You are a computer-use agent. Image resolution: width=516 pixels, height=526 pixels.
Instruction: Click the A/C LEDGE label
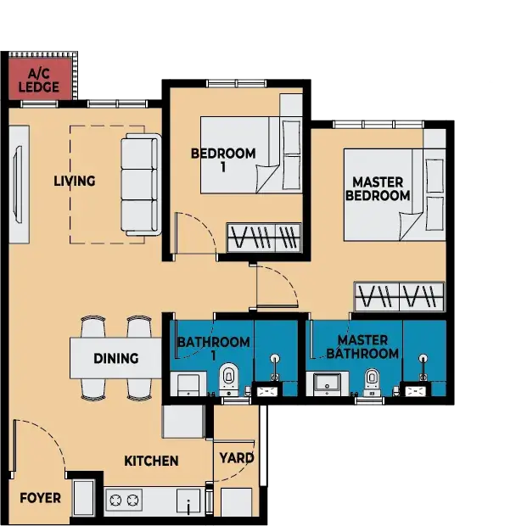[38, 81]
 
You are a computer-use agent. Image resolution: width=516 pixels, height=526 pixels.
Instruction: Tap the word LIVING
[75, 182]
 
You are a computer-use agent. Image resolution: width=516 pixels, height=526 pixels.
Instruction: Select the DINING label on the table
[116, 358]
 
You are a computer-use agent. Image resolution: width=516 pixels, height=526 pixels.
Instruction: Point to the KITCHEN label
[151, 461]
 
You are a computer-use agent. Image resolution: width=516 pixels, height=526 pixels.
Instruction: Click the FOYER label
[40, 498]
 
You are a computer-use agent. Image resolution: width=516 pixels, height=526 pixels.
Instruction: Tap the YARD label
[237, 458]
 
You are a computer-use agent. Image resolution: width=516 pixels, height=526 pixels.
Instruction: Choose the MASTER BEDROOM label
[378, 189]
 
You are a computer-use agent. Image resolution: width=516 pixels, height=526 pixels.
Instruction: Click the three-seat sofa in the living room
[141, 184]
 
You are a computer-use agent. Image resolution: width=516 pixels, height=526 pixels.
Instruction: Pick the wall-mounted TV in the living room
[18, 184]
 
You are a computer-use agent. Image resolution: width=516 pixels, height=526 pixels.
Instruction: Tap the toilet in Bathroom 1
[229, 380]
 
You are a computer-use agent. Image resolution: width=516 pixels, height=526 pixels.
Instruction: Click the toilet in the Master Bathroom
[372, 383]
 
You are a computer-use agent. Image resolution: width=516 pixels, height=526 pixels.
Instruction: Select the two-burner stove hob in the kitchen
[124, 501]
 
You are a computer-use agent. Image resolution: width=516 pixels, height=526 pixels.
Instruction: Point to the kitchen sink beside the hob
[188, 501]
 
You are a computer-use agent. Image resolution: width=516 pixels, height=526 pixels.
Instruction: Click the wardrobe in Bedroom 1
[264, 238]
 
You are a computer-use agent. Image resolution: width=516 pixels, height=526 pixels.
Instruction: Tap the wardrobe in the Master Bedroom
[400, 297]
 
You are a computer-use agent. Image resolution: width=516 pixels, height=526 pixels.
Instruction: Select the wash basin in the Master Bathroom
[327, 384]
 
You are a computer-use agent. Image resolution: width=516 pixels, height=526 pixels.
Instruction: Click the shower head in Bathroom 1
[275, 360]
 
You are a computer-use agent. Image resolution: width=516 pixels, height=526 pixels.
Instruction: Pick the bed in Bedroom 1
[251, 155]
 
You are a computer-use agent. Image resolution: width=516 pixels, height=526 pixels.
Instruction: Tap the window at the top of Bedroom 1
[237, 83]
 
